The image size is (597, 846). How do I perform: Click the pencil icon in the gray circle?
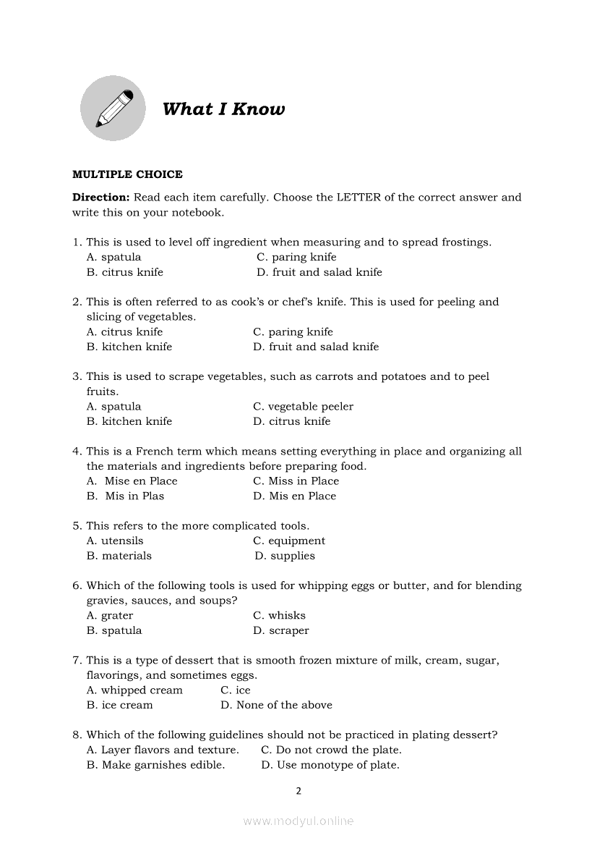coord(113,109)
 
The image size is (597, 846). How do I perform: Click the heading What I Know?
coord(223,109)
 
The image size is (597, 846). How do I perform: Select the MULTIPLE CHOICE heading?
coord(127,174)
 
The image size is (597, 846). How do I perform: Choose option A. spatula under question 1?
coord(113,257)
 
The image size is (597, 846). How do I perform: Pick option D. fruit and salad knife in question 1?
coord(319,272)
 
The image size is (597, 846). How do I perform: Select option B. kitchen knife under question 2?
coord(129,347)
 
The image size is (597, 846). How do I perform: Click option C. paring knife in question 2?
coord(293,332)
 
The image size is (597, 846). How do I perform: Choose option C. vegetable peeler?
coord(303,407)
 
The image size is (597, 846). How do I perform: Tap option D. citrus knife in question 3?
coord(291,421)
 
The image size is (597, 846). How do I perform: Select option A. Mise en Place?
coord(132,481)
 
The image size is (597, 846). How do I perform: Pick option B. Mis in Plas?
coord(126,496)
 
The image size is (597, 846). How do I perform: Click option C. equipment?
coord(289,541)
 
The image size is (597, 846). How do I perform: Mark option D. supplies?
coord(285,556)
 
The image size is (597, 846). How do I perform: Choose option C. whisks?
coord(279,615)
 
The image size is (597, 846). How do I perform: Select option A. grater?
coord(110,615)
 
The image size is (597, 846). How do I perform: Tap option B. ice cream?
coord(120,705)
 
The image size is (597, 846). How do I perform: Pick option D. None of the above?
coord(276,705)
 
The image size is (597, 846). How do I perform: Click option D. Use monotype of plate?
coord(330,765)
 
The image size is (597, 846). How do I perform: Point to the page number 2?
coord(298,791)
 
